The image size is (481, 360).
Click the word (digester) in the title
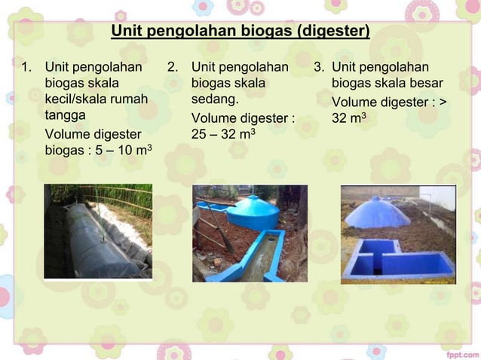pyautogui.click(x=332, y=32)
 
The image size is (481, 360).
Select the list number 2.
pyautogui.click(x=173, y=67)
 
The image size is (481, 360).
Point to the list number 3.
pyautogui.click(x=319, y=67)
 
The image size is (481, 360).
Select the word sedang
pyautogui.click(x=215, y=99)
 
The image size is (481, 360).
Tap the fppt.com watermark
pyautogui.click(x=458, y=352)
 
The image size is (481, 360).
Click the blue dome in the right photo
pyautogui.click(x=377, y=212)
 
